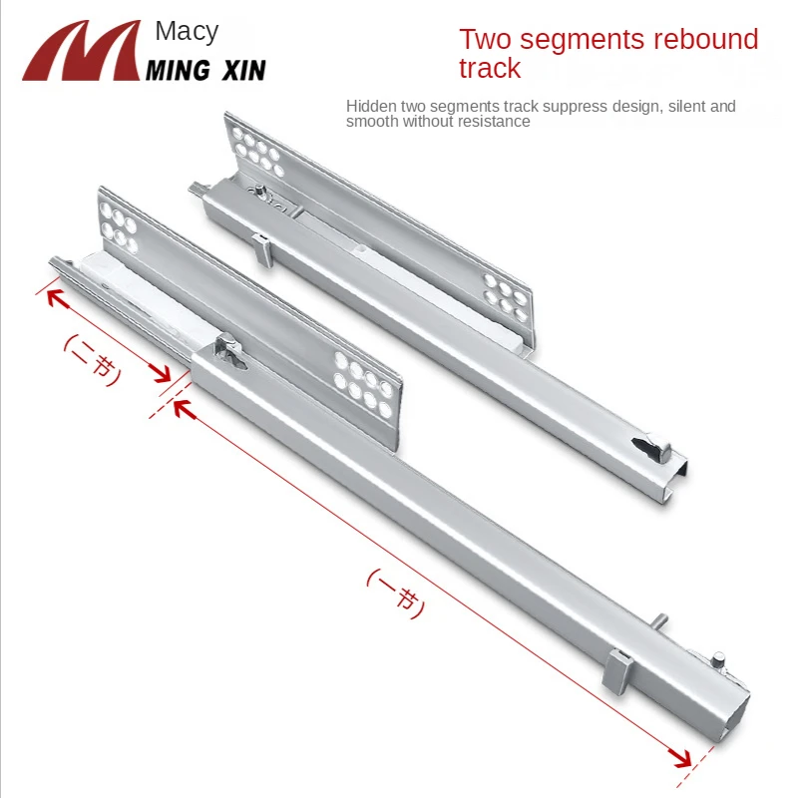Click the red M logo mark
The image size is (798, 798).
coord(82,51)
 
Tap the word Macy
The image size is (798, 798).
coord(187,32)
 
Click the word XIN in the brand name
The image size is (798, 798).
coord(243,70)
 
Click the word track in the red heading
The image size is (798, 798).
coord(490,68)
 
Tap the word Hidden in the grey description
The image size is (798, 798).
coord(371,106)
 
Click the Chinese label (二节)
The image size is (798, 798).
coord(93,359)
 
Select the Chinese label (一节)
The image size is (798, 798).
coord(395,594)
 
